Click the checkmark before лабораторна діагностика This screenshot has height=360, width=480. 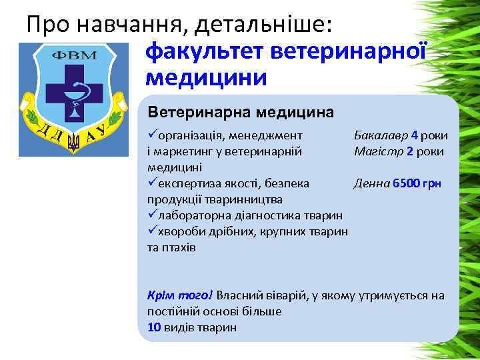tap(151, 215)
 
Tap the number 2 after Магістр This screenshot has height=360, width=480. tap(409, 151)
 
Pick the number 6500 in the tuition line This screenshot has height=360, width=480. tap(405, 183)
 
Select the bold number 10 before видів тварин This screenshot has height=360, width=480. tap(153, 327)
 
